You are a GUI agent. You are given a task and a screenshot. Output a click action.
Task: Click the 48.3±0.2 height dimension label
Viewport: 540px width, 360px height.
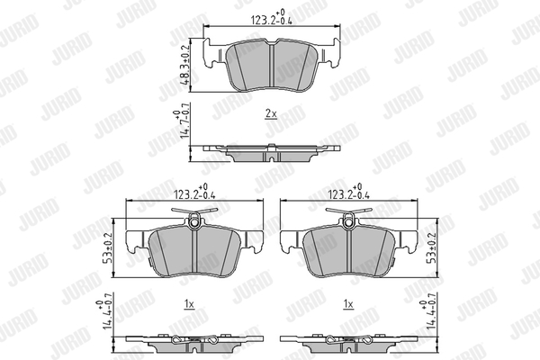pyautogui.click(x=185, y=65)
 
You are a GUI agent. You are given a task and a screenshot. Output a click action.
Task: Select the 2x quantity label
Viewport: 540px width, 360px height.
pyautogui.click(x=271, y=113)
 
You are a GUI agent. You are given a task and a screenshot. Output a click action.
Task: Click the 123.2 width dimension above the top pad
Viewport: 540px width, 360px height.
pyautogui.click(x=272, y=18)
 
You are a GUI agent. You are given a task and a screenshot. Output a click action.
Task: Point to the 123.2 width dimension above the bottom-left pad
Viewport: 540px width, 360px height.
pyautogui.click(x=194, y=193)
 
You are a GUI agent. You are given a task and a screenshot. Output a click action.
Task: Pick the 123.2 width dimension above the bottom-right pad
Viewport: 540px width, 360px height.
pyautogui.click(x=349, y=193)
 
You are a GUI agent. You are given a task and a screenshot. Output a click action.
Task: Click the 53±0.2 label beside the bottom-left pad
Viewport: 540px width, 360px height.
pyautogui.click(x=107, y=248)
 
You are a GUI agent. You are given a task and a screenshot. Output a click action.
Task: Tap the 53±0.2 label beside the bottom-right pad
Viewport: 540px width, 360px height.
pyautogui.click(x=431, y=248)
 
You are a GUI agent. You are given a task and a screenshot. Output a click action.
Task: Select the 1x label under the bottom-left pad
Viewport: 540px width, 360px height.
pyautogui.click(x=189, y=304)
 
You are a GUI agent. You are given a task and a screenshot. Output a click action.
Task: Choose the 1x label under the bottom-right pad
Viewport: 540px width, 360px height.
pyautogui.click(x=348, y=304)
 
